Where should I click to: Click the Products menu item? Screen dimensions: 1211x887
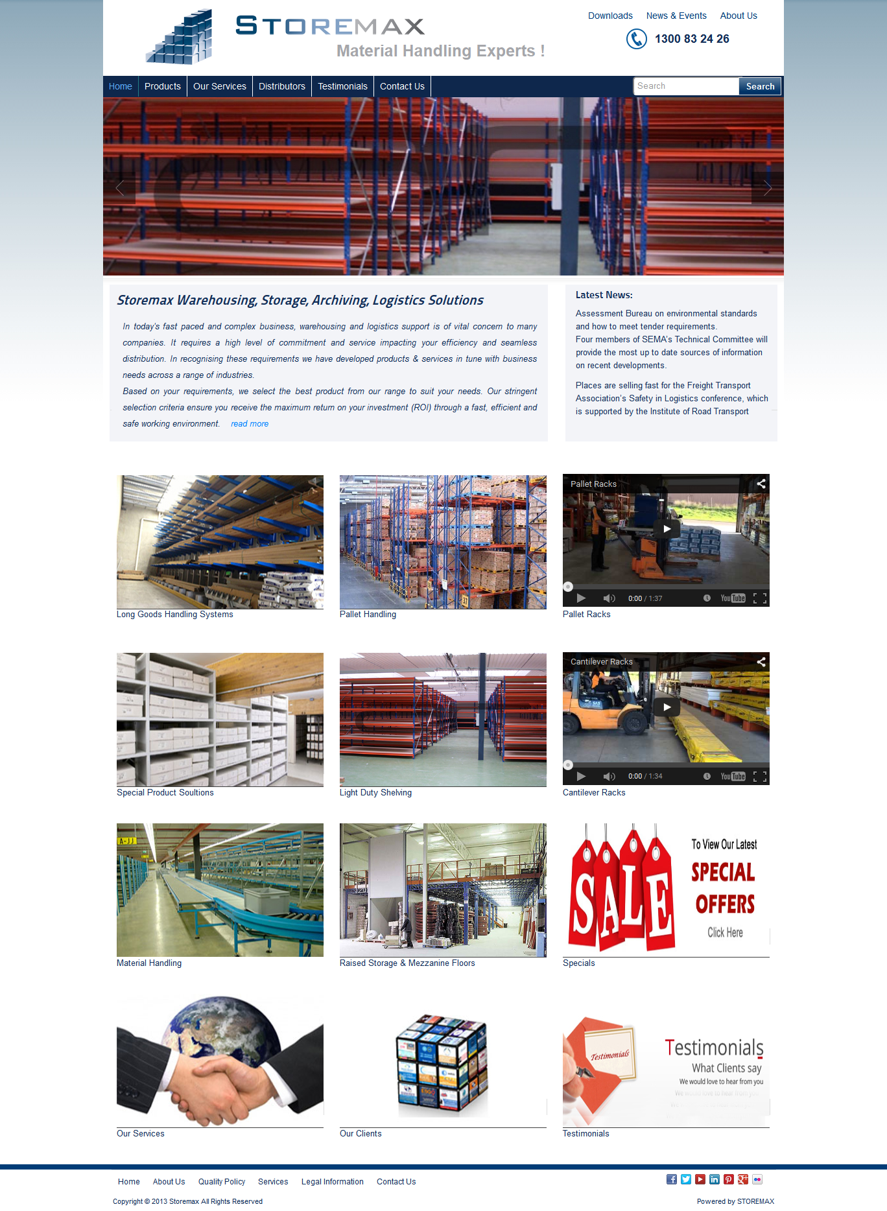162,86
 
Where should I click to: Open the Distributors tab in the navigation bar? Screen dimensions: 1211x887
281,86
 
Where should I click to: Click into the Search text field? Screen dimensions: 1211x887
685,86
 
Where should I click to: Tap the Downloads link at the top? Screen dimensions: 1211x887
610,16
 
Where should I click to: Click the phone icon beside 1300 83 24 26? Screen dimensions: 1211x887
636,39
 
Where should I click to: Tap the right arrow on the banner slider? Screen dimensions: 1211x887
768,188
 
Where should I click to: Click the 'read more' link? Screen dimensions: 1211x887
250,424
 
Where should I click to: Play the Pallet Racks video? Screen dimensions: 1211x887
667,528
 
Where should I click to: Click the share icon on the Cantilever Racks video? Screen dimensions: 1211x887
761,662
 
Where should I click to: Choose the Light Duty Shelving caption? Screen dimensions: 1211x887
375,793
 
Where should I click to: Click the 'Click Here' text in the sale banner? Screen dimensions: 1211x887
725,932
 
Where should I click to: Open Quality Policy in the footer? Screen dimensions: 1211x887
222,1182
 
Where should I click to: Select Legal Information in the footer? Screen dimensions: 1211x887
332,1182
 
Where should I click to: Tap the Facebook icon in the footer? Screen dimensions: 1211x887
672,1179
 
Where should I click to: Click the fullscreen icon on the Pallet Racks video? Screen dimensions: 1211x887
760,598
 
